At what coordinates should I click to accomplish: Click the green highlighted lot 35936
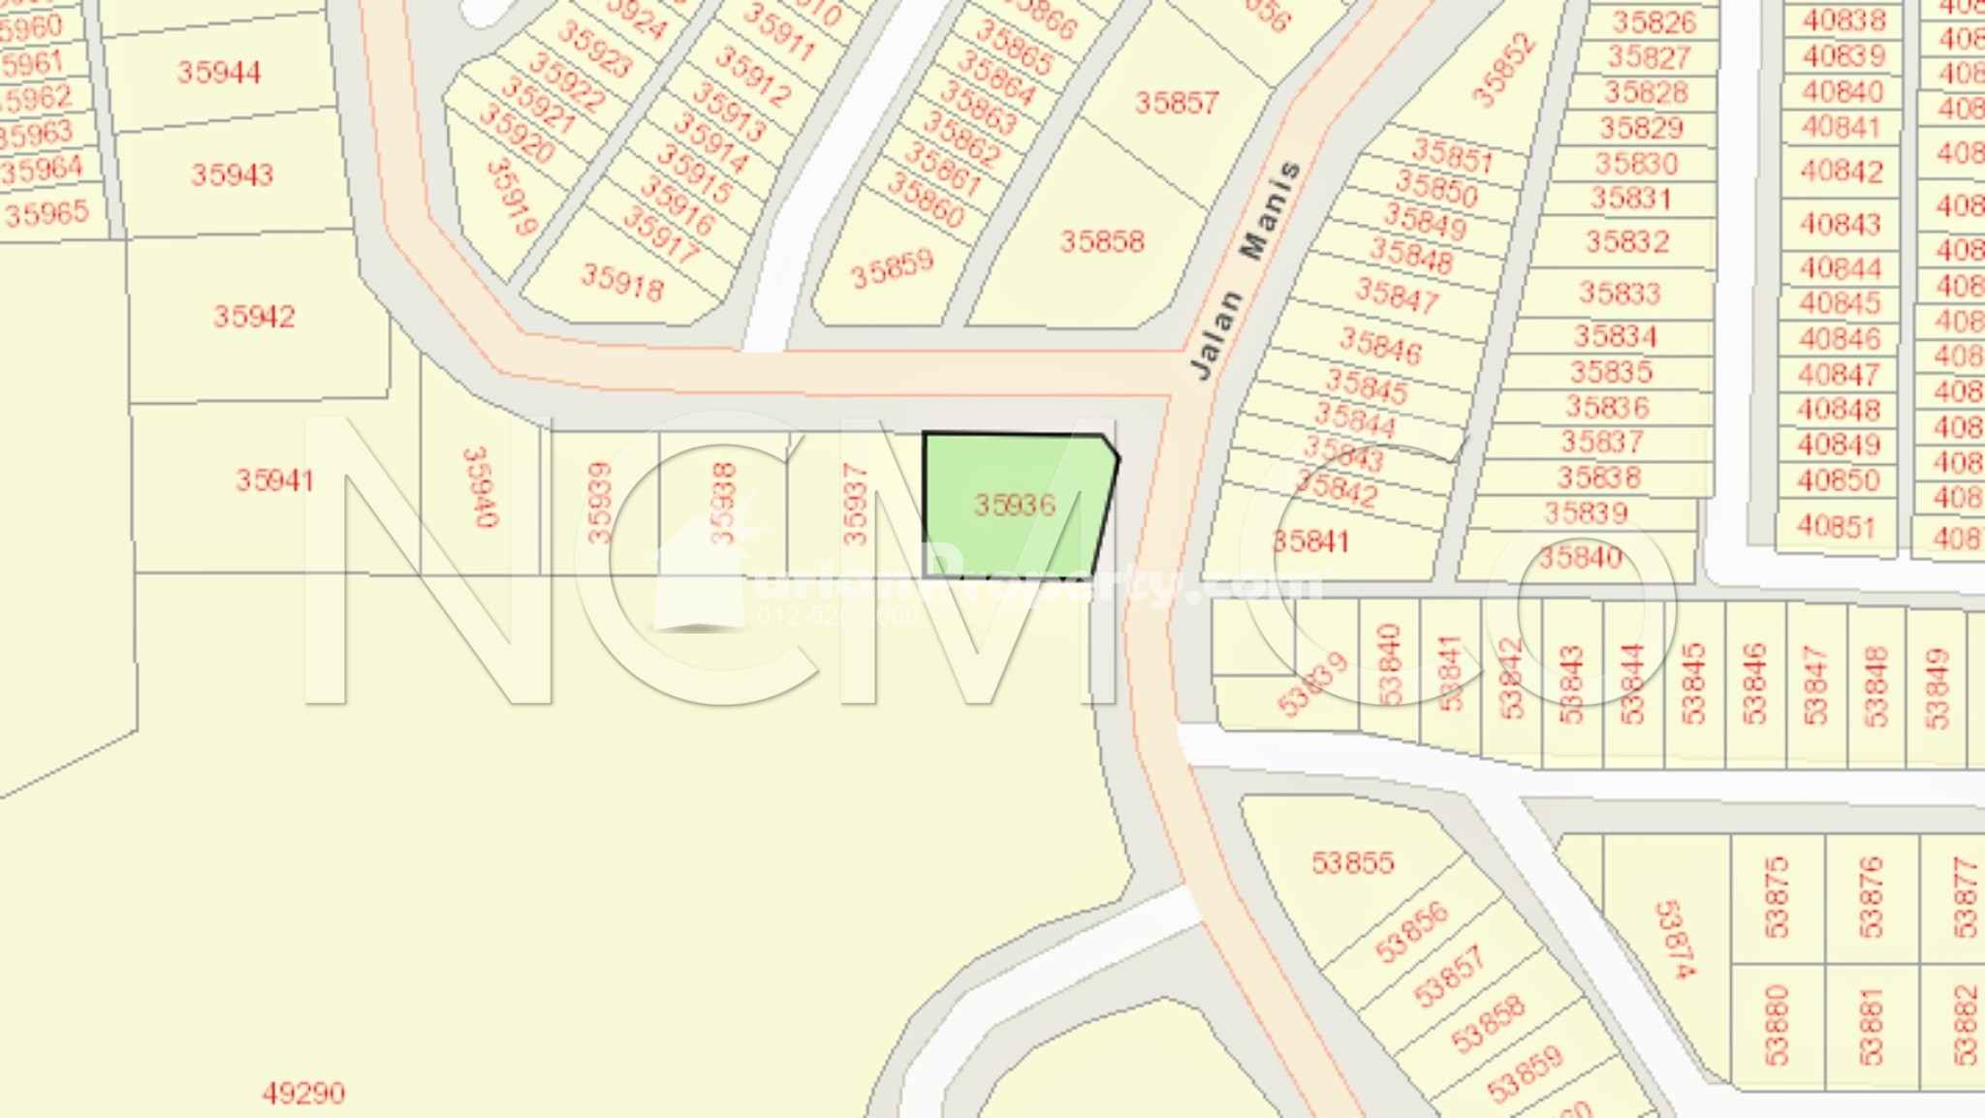[x=1014, y=505]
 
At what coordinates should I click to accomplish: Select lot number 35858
[x=1102, y=241]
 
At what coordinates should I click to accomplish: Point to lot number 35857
[x=1176, y=103]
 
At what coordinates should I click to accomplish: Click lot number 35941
[x=274, y=480]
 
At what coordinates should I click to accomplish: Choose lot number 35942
[x=254, y=317]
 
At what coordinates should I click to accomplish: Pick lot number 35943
[x=232, y=175]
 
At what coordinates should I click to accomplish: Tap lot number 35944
[x=219, y=73]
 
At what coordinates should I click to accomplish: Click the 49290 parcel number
[x=303, y=1094]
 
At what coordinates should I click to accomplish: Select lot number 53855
[x=1352, y=862]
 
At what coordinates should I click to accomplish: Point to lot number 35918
[x=622, y=282]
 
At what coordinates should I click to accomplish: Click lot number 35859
[x=892, y=268]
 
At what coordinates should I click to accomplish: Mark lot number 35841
[x=1310, y=541]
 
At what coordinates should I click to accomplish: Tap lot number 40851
[x=1836, y=526]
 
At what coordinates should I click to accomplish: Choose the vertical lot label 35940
[x=481, y=487]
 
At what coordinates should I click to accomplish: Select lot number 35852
[x=1503, y=70]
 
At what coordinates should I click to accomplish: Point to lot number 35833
[x=1620, y=293]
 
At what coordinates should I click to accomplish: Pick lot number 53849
[x=1936, y=688]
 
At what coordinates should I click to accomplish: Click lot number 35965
[x=47, y=213]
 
